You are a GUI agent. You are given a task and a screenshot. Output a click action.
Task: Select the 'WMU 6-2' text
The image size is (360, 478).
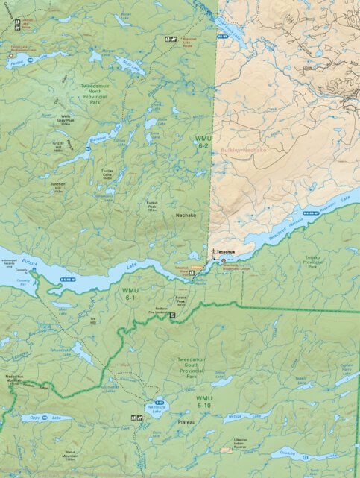pyautogui.click(x=202, y=142)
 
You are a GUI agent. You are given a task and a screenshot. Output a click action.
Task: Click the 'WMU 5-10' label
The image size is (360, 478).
pyautogui.click(x=203, y=403)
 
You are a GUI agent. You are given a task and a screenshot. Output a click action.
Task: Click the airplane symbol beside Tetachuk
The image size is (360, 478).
pyautogui.click(x=213, y=251)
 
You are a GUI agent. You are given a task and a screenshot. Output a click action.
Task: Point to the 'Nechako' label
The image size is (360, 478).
pyautogui.click(x=186, y=216)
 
